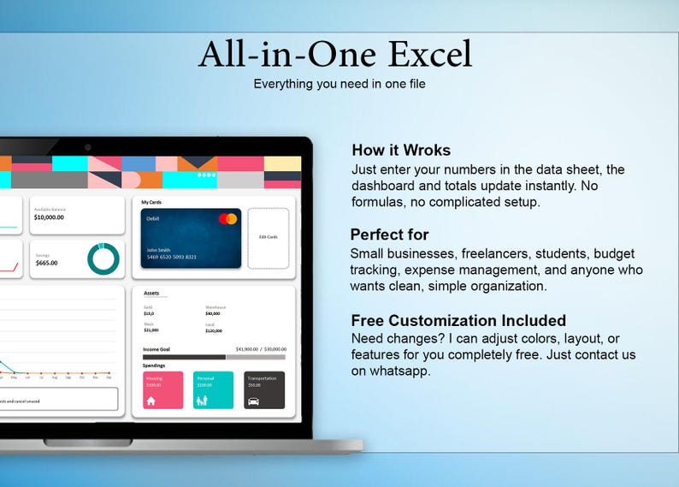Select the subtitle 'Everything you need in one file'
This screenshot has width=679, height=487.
coord(339,84)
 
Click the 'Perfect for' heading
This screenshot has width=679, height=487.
coord(389,235)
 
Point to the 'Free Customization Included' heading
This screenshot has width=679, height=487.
coord(458,320)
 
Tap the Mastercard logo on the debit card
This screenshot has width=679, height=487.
coord(227,219)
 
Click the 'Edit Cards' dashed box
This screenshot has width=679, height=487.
coord(268,237)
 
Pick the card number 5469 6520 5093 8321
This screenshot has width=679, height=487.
coord(171,257)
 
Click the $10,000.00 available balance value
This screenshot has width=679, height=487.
coord(49,217)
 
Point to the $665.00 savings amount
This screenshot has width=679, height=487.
coord(46,263)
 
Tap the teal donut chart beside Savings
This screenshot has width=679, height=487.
coord(103,258)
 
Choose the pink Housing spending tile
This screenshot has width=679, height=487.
coord(162,389)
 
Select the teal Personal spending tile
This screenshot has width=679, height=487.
coord(213,389)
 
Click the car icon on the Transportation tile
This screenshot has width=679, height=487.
coord(254,400)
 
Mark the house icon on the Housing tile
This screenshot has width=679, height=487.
coord(151,400)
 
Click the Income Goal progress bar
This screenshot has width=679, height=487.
coord(214,357)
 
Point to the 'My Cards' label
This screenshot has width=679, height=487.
coord(151,203)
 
